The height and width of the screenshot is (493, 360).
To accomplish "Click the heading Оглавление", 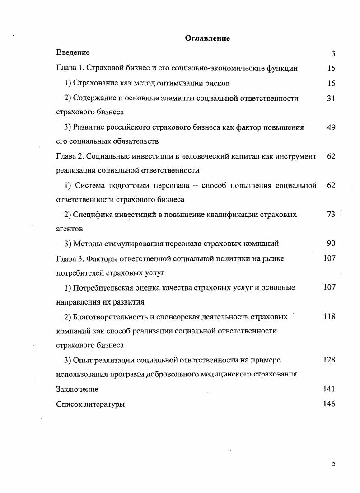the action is pos(207,38).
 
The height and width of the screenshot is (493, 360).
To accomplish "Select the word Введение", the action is pos(73,53).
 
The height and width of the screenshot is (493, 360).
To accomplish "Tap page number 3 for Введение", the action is pos(333,54).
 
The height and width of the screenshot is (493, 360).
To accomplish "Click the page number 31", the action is pos(331,98).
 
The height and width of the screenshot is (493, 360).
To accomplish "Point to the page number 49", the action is pos(331,127).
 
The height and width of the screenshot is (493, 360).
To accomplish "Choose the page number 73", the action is pos(331,215).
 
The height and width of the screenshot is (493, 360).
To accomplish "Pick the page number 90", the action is pos(331,244).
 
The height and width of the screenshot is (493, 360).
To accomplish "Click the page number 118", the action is pos(329,317).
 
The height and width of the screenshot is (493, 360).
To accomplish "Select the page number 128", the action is pos(329,360).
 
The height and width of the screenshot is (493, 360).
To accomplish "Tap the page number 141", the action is pos(329,389).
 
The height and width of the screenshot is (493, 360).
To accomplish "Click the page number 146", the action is pos(329,404).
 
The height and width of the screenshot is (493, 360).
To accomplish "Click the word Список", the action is pos(69,404).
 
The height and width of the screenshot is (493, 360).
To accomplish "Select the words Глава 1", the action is pos(70,69).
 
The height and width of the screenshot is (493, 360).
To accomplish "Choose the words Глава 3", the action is pos(70,258).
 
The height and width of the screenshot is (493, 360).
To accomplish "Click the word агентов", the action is pos(70,229).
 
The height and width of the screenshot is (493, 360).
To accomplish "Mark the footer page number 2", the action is pos(333,465).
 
